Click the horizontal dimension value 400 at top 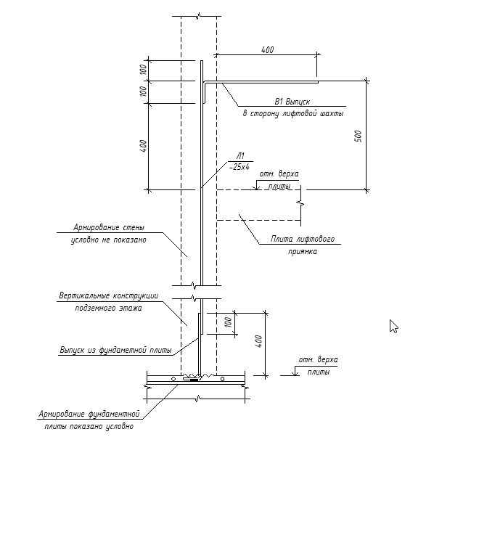tap(267, 49)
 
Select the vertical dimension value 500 tap(358, 136)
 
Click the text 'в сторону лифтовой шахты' tap(292, 113)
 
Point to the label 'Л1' tap(239, 155)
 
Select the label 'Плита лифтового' tap(303, 239)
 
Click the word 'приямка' tap(302, 251)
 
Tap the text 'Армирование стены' tap(109, 227)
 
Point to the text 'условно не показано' tap(108, 240)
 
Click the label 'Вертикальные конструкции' tap(108, 295)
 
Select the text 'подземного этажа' tap(108, 308)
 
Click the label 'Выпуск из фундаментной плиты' tap(115, 350)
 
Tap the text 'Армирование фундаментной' tap(89, 414)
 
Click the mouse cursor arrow tap(393, 326)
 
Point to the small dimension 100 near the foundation tap(228, 322)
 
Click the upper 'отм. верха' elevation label tap(279, 174)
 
